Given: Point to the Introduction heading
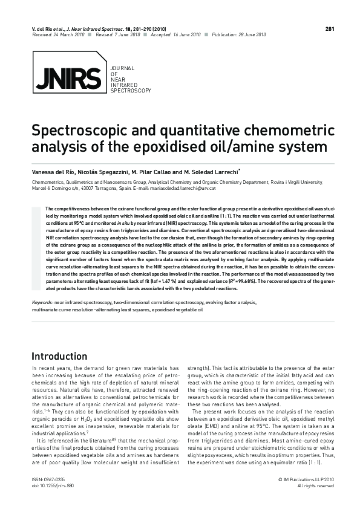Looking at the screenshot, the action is point(59,356).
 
